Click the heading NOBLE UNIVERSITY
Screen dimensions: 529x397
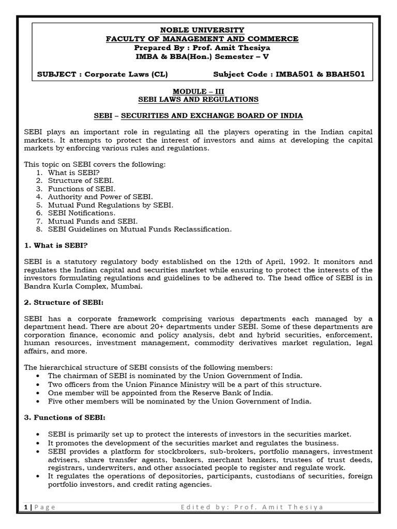[x=198, y=30]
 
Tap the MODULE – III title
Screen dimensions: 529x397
[x=198, y=90]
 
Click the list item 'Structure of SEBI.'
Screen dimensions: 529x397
[x=81, y=180]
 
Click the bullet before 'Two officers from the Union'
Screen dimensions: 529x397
[x=40, y=384]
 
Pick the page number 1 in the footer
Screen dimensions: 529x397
[x=26, y=507]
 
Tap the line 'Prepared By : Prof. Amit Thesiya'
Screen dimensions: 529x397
[x=198, y=48]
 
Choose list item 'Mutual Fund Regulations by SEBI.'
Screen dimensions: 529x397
[x=111, y=205]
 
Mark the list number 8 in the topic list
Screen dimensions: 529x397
[x=39, y=229]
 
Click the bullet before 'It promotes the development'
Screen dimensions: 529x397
[x=40, y=443]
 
